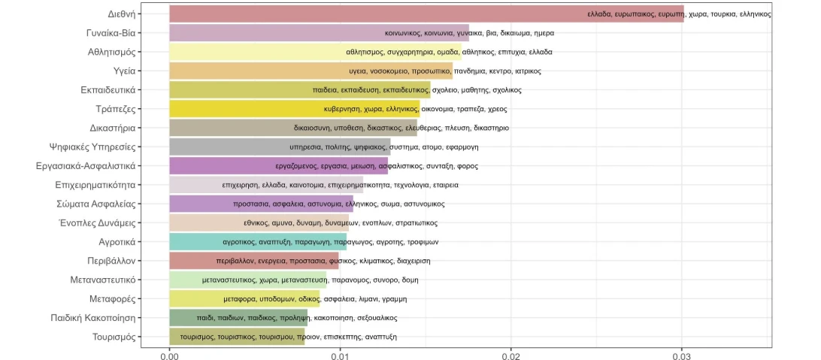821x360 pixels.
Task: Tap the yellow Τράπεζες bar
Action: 294,108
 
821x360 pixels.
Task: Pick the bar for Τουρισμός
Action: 237,336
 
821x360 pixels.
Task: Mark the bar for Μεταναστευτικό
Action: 248,280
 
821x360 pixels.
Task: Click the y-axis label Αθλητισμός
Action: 111,52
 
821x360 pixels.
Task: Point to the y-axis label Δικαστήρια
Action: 112,128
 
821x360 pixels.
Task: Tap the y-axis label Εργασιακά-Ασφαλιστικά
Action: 86,165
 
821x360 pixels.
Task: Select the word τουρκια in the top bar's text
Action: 722,14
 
